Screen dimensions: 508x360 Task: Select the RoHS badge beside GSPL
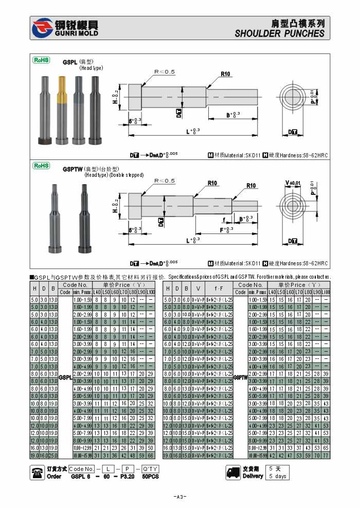tap(41, 60)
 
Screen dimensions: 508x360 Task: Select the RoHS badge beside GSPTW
tap(41, 166)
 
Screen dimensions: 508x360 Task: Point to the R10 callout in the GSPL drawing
tap(225, 74)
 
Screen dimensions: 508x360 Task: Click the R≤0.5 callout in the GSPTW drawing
tap(165, 180)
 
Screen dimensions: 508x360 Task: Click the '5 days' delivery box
tap(278, 476)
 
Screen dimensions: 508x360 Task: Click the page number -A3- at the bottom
tap(180, 497)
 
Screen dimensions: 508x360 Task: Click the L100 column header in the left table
tap(151, 292)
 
